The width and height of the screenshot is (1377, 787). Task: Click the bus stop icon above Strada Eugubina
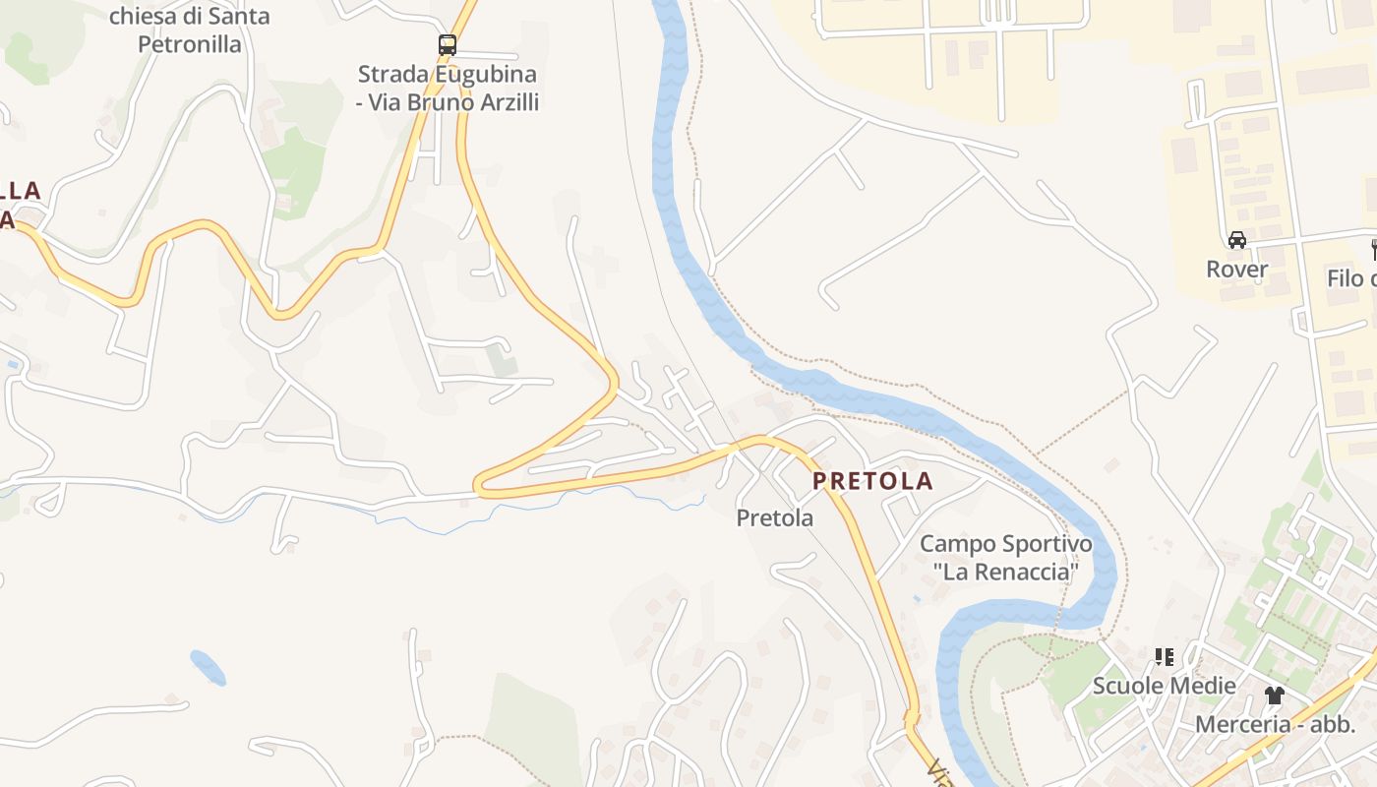coord(448,44)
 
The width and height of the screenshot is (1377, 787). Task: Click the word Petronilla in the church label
coord(189,44)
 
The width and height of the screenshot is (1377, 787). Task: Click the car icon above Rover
coord(1237,239)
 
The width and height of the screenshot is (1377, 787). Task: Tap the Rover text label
coord(1237,269)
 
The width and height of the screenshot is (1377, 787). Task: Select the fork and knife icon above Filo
coord(1374,249)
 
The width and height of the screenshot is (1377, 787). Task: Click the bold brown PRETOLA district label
coord(872,481)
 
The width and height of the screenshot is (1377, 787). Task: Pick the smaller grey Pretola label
coord(775,517)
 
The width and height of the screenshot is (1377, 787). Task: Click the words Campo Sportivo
coord(1005,544)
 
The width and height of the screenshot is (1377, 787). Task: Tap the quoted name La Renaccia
coord(1005,572)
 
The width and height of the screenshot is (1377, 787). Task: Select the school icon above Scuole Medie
coord(1165,656)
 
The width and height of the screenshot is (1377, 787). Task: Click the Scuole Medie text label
coord(1165,685)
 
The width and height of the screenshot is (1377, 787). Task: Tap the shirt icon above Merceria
coord(1275,695)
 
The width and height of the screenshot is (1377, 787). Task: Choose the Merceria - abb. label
coord(1275,724)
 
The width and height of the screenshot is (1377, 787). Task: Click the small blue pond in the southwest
coord(208,668)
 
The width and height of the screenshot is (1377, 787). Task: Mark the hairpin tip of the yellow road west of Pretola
coord(478,484)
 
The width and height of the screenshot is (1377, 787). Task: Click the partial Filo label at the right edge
coord(1351,278)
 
